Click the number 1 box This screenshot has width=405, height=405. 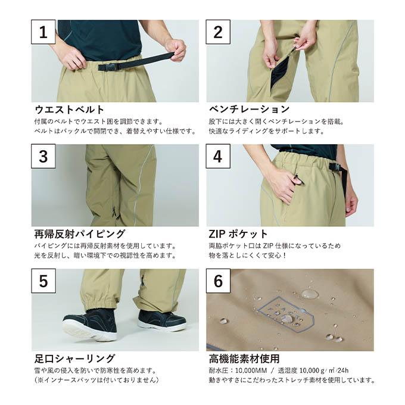tap(43, 32)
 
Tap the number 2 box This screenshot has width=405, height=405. tap(218, 32)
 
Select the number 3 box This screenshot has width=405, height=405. tap(43, 156)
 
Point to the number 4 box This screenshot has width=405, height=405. tap(218, 156)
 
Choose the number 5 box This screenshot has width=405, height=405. tap(43, 281)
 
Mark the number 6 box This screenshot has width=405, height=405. tap(218, 281)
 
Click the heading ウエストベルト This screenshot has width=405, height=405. tap(69, 110)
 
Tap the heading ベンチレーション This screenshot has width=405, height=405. tap(249, 109)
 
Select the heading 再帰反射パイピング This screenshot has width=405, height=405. tap(80, 234)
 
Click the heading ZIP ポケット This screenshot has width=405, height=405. tap(238, 234)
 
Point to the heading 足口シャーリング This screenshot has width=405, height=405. tap(74, 359)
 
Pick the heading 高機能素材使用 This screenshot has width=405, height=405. tap(244, 359)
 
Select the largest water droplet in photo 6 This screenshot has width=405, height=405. tap(310, 294)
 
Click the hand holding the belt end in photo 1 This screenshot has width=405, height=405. tap(176, 49)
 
